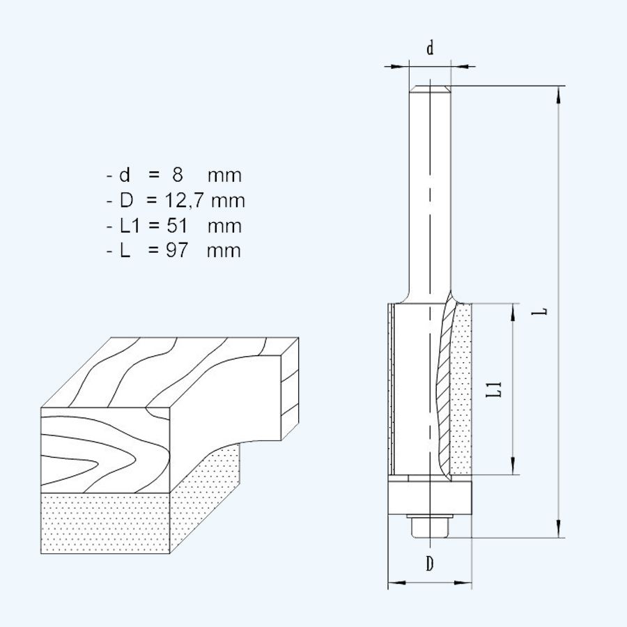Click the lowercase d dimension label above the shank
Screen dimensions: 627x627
pos(430,48)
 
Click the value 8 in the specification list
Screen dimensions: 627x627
pos(178,175)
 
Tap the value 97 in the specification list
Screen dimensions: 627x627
pos(177,251)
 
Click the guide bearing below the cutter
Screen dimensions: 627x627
pos(430,497)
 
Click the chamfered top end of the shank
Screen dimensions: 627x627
pos(430,89)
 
